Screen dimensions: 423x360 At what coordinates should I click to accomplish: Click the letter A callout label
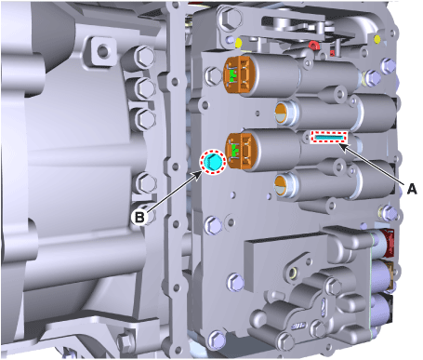[412, 189]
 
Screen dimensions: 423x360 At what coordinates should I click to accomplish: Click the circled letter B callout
[139, 217]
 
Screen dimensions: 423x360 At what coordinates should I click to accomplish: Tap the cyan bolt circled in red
[213, 161]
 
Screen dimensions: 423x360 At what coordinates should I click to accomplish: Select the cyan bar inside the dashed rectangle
[329, 137]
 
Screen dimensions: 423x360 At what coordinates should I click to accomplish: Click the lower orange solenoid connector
[241, 152]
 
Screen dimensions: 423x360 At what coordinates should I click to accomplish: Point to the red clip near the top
[313, 46]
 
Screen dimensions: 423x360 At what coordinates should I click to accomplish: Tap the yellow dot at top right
[377, 39]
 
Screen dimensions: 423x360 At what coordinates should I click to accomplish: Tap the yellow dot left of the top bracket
[238, 43]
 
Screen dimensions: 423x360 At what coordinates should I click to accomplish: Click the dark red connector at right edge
[388, 243]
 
